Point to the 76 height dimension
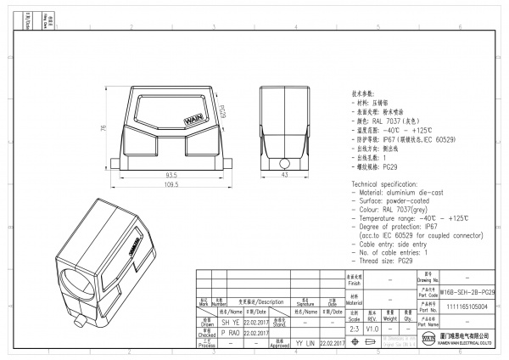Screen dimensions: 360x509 (x=103, y=128)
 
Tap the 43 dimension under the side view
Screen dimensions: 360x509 (x=285, y=174)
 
